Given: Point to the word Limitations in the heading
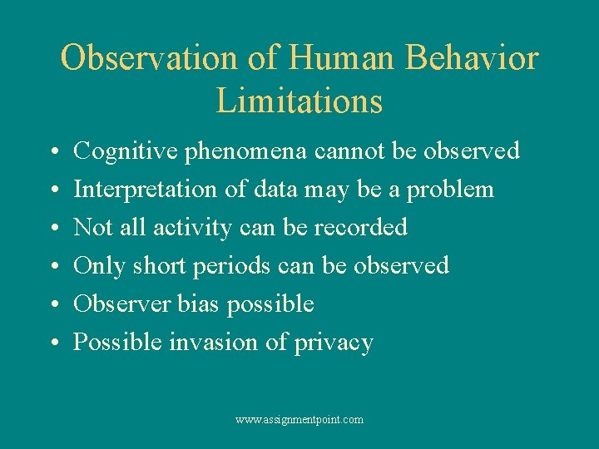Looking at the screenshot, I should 299,101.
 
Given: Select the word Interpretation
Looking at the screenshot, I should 146,190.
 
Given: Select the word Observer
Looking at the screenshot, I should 123,303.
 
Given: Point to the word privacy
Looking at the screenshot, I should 334,343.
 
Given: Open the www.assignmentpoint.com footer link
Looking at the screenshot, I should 299,420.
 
